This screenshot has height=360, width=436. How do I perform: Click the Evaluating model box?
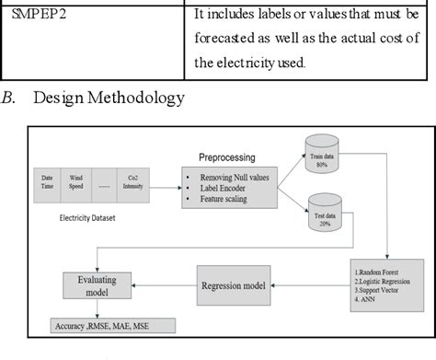[86, 285]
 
